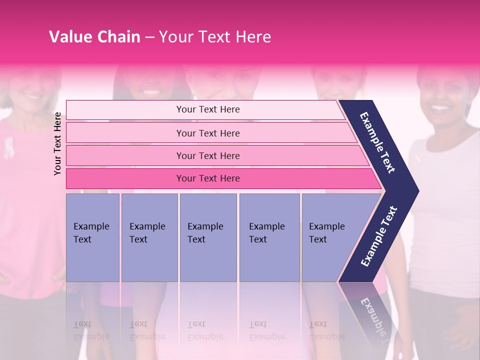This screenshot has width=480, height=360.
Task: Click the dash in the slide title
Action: (x=149, y=37)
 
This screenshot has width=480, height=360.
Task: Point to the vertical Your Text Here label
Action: (x=57, y=143)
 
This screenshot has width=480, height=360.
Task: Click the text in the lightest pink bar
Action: (x=208, y=109)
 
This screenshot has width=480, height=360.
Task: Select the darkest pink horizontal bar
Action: (x=220, y=178)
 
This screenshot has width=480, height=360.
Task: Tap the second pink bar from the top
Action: (x=210, y=133)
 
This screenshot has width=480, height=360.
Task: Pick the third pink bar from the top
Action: (x=215, y=155)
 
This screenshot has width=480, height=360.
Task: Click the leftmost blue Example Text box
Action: (x=92, y=237)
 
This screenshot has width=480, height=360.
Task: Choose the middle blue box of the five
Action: (x=208, y=237)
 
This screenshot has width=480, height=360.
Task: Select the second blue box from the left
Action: (x=149, y=237)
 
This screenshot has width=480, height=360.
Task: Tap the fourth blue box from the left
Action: (x=269, y=237)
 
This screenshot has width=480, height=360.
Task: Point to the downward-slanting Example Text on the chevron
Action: (x=377, y=142)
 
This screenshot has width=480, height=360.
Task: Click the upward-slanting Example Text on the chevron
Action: (x=379, y=236)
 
